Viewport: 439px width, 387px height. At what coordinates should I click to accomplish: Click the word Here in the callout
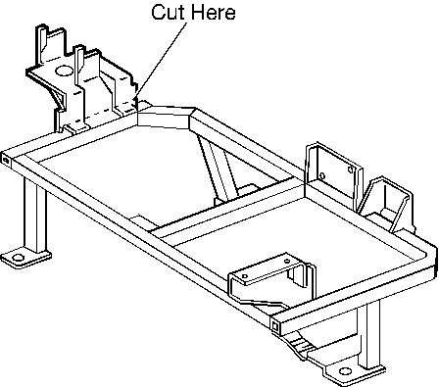coord(213,12)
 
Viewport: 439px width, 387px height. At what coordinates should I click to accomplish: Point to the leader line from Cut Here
coord(162,60)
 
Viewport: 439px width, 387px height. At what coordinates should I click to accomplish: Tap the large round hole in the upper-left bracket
coord(63,71)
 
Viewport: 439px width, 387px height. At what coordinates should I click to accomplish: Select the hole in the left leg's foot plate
coord(18,258)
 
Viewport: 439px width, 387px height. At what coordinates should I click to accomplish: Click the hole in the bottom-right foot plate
coord(345,371)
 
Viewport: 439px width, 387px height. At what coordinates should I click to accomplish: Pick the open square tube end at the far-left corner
coord(6,160)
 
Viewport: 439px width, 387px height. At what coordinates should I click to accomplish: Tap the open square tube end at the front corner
coord(275,325)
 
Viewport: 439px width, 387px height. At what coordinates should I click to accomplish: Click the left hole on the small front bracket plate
coord(245,276)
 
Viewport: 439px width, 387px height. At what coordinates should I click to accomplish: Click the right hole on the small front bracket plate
coord(287,261)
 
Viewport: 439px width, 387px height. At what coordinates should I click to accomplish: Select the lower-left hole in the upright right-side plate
coord(322,176)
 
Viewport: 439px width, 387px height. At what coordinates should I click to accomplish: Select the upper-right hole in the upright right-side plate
coord(351,169)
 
